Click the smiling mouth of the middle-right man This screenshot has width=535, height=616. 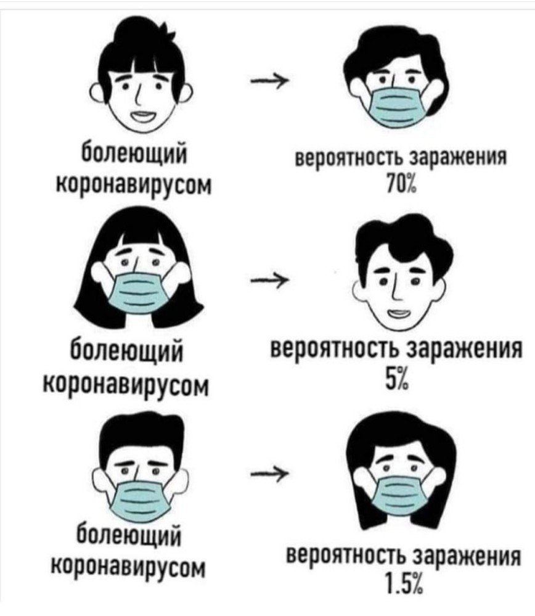pyautogui.click(x=398, y=314)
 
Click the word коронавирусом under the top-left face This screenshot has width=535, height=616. pyautogui.click(x=135, y=184)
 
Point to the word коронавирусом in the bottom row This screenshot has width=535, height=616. pyautogui.click(x=129, y=568)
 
